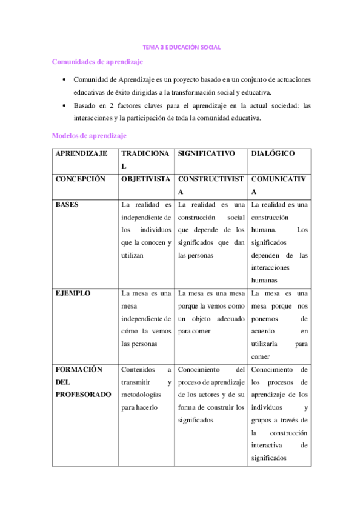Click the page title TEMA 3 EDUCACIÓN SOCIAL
181,47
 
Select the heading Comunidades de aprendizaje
98,61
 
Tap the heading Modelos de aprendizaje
89,136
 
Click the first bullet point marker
64,80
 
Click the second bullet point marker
64,105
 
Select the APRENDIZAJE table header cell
82,154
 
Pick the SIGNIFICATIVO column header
206,154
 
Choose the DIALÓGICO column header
273,154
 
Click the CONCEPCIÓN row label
81,179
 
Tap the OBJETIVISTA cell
145,179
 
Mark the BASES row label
67,205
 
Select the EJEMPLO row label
73,293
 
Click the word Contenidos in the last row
138,369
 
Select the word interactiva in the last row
268,446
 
